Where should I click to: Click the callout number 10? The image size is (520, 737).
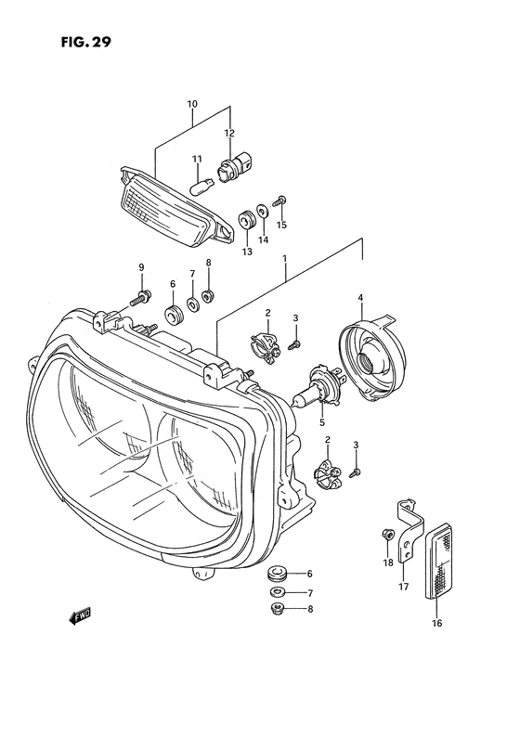tap(192, 104)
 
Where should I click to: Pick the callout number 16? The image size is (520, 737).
tap(436, 623)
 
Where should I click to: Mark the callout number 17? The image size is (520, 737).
tap(403, 588)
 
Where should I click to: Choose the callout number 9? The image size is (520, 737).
tap(142, 268)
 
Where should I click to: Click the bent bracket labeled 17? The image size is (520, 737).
tap(405, 533)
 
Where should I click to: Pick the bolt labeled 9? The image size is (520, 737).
tap(142, 298)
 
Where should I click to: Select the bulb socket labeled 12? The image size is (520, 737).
tap(228, 171)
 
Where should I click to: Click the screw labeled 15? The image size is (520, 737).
tap(281, 200)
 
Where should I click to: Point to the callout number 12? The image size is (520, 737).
tap(228, 134)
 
